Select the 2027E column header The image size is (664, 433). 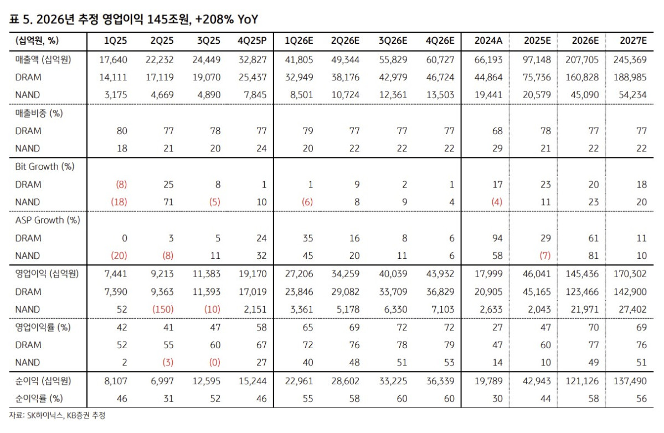click(x=633, y=40)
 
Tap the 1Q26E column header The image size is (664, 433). click(x=299, y=40)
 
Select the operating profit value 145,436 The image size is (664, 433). click(x=583, y=273)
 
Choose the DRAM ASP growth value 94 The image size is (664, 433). click(x=497, y=238)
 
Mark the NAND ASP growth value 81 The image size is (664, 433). click(x=593, y=256)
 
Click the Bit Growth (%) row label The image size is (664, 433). click(x=45, y=166)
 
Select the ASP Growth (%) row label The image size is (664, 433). click(x=48, y=220)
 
